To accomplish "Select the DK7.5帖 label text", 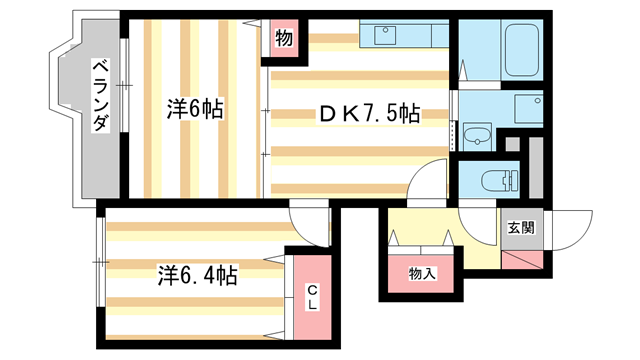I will coord(369,114).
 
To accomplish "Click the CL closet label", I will coord(312,297).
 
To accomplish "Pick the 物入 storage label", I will coord(421,273).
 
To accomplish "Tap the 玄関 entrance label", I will coord(520,227).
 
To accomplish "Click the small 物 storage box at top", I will coord(283,41).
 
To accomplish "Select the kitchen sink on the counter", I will coord(386,35).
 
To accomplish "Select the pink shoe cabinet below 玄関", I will coord(523,262).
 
